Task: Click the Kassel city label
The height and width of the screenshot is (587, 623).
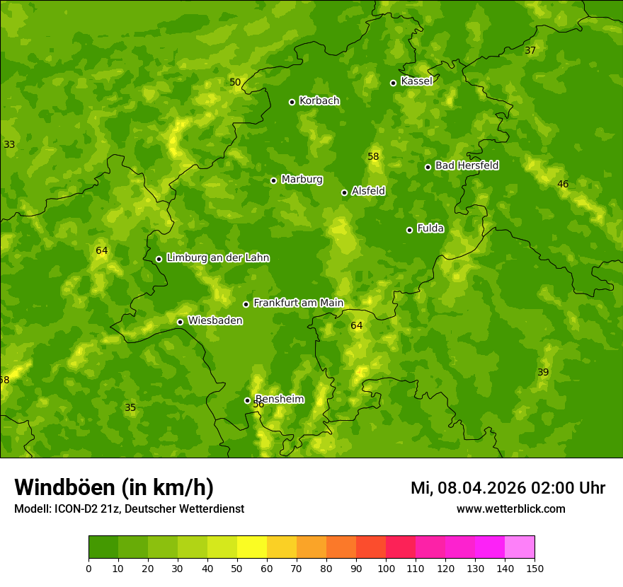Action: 416,81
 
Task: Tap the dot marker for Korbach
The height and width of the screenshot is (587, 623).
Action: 292,102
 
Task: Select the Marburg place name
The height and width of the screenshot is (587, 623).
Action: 302,180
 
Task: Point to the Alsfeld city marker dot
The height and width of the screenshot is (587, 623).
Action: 344,192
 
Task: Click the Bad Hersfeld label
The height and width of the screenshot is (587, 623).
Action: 467,165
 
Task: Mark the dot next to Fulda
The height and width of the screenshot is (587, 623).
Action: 409,230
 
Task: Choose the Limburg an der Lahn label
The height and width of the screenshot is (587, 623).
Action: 217,258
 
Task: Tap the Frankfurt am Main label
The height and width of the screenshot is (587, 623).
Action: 298,303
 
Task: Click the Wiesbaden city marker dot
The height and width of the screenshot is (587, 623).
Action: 180,322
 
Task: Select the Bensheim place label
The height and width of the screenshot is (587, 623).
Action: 280,399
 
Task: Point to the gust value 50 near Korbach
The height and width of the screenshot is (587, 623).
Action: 235,82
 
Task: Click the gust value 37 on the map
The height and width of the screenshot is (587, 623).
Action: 530,50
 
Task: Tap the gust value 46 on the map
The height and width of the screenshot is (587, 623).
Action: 563,184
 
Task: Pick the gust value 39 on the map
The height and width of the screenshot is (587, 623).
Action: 543,372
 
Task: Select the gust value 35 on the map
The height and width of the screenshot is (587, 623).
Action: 130,407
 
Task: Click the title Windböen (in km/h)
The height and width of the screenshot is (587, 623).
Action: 114,487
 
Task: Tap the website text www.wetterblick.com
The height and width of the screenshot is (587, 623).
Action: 510,508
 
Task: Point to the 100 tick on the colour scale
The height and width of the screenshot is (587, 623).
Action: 386,568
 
